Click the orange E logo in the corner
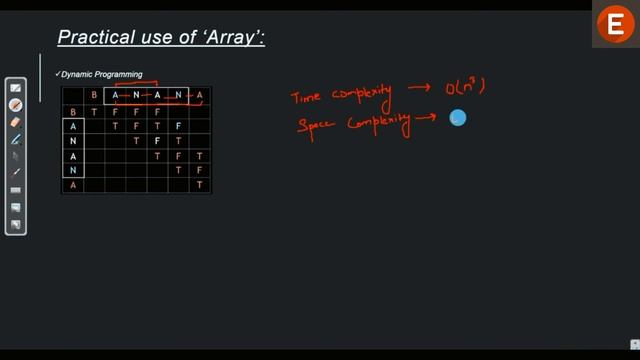pyautogui.click(x=613, y=27)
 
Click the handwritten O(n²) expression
pyautogui.click(x=465, y=89)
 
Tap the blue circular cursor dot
pyautogui.click(x=458, y=118)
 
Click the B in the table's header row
pyautogui.click(x=94, y=96)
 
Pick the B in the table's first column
pyautogui.click(x=72, y=112)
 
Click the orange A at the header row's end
pyautogui.click(x=200, y=96)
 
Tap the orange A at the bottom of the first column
pyautogui.click(x=72, y=186)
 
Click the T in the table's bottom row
pyautogui.click(x=200, y=186)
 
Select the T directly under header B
pyautogui.click(x=94, y=112)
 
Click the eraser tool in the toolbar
pyautogui.click(x=16, y=122)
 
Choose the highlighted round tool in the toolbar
pyautogui.click(x=16, y=105)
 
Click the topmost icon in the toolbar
pyautogui.click(x=16, y=89)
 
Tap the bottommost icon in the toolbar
pyautogui.click(x=16, y=224)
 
